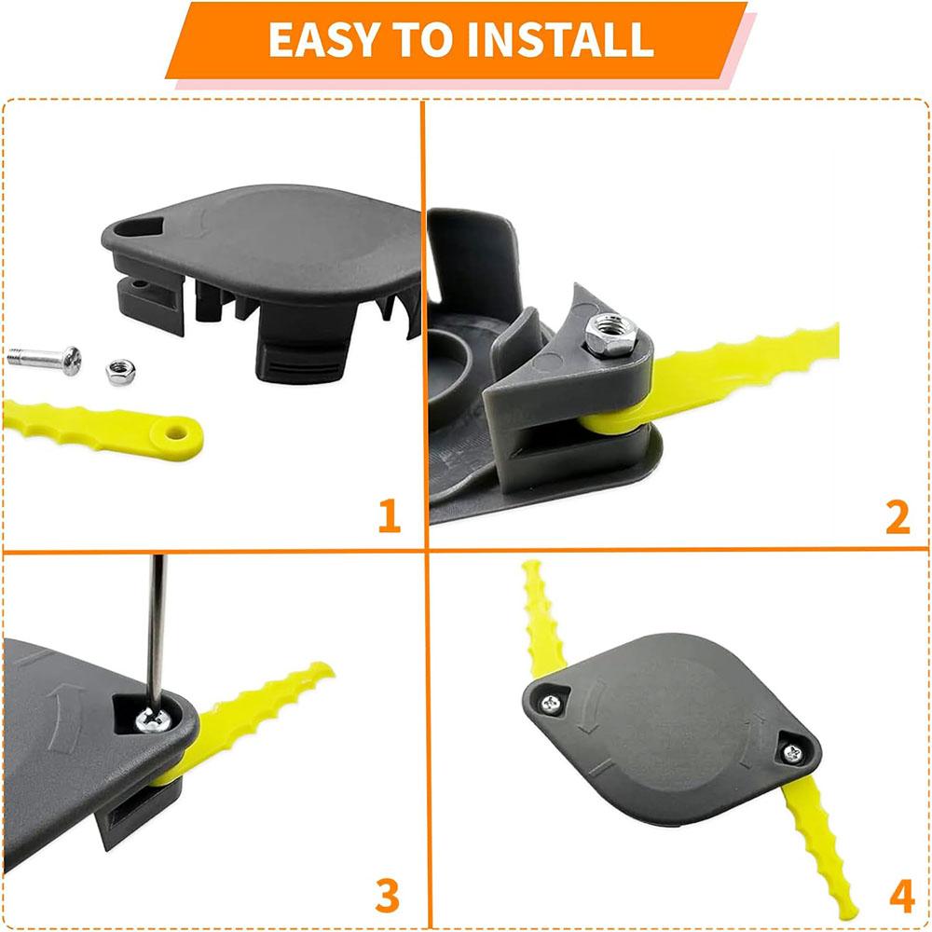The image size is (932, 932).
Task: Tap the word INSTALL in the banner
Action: [x=560, y=39]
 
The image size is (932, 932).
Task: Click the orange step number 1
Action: [x=390, y=515]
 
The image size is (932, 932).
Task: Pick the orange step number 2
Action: [x=898, y=517]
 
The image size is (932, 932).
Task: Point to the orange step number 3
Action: [x=388, y=895]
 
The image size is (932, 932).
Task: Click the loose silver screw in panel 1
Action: [x=45, y=360]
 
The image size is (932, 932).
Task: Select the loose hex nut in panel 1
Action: [x=120, y=372]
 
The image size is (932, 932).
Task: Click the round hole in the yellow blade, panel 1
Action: [x=176, y=433]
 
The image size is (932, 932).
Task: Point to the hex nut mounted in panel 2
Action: [x=610, y=335]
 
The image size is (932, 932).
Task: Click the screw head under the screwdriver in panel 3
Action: [x=154, y=720]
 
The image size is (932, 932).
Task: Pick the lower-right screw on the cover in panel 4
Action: [x=793, y=753]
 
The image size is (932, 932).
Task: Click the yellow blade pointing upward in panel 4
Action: [x=541, y=618]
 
